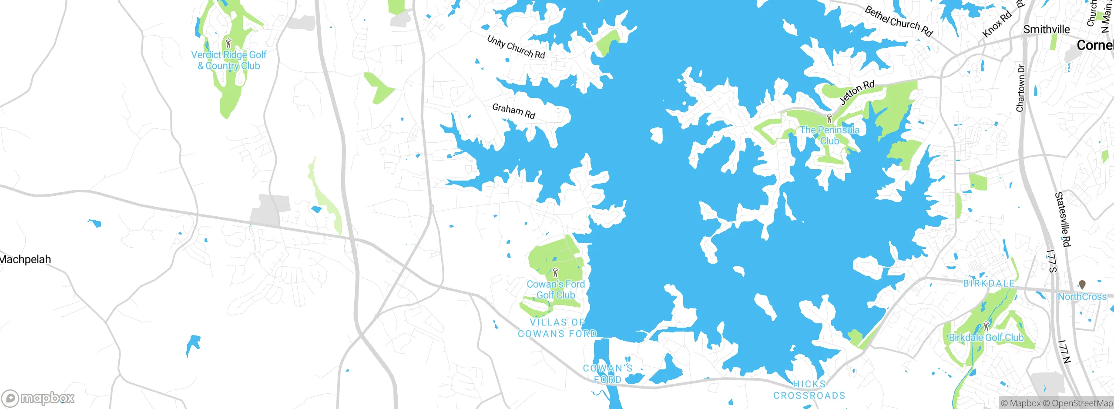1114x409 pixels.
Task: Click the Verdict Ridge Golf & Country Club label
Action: (x=229, y=60)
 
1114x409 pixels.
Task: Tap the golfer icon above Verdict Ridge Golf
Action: (x=228, y=43)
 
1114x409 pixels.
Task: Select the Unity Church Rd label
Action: (x=516, y=47)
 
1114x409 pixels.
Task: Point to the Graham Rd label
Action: (x=513, y=111)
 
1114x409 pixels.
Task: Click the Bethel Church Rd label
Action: (x=899, y=21)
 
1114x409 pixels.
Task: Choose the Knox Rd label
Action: (x=997, y=24)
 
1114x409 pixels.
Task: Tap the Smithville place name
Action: (x=1046, y=29)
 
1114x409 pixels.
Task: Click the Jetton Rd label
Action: (x=856, y=92)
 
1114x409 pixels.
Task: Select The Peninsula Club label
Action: (x=829, y=135)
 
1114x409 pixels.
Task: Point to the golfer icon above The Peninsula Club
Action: (x=829, y=118)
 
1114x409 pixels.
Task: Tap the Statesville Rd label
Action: (x=1063, y=219)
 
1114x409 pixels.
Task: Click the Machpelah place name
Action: (x=25, y=259)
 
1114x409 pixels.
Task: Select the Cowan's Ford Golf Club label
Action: (x=556, y=289)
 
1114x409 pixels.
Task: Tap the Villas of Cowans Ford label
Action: (x=557, y=328)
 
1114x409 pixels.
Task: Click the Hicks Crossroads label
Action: (x=809, y=390)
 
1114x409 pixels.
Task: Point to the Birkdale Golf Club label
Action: (x=986, y=338)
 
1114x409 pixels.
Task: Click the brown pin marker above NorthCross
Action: (x=1082, y=285)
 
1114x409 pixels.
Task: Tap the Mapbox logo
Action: (x=38, y=398)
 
